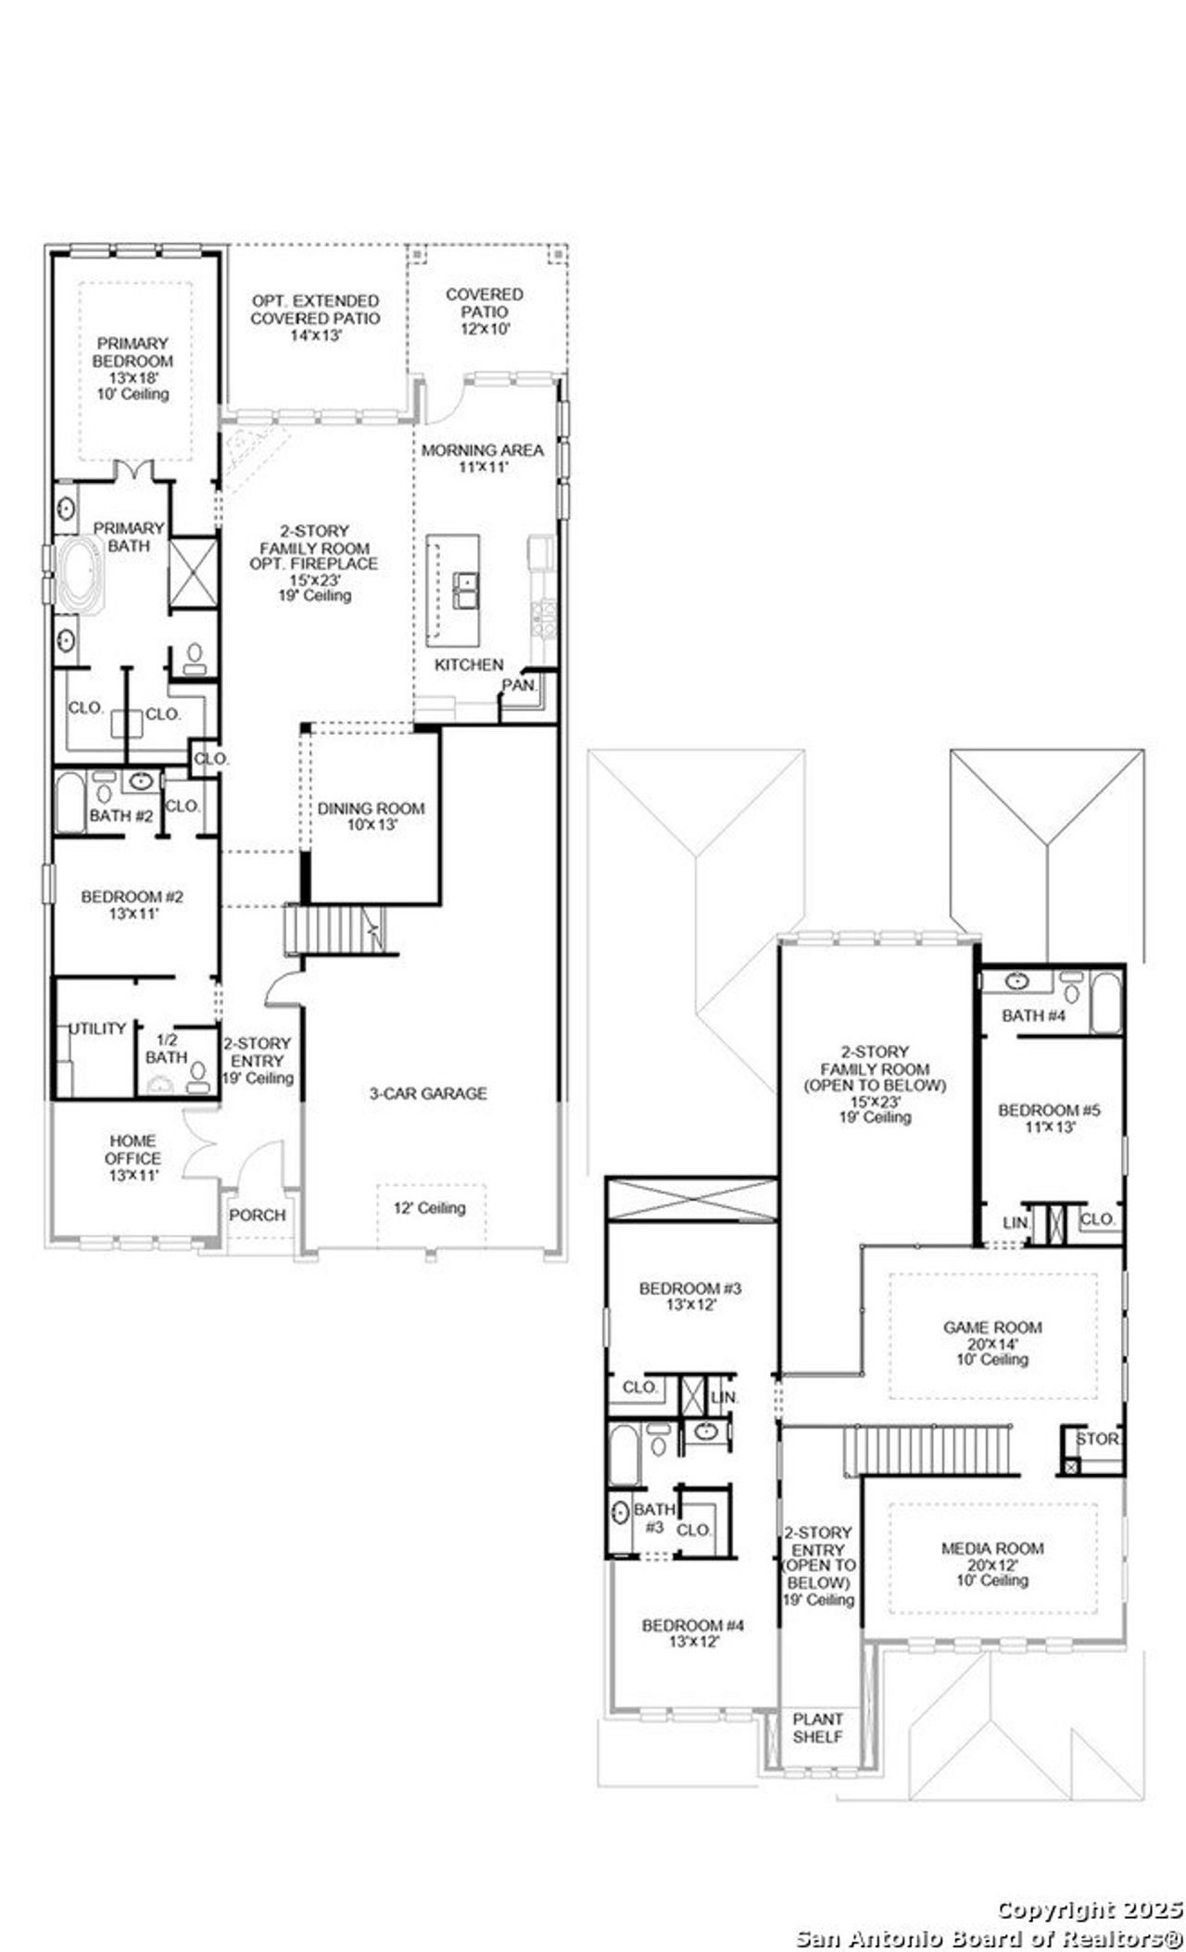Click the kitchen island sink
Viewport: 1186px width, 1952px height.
coord(465,589)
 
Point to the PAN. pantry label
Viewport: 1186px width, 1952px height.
coord(518,686)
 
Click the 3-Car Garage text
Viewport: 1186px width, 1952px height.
coord(428,1094)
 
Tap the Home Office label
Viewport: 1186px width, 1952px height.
coord(132,1158)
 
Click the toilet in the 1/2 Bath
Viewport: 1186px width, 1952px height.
coord(197,1073)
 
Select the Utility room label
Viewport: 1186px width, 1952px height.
coord(98,1028)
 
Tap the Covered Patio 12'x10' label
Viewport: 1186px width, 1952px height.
coord(485,311)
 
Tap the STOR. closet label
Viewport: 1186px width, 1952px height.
coord(1097,1440)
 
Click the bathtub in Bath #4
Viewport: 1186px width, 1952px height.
coord(1105,1002)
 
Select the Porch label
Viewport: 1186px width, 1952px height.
coord(258,1215)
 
